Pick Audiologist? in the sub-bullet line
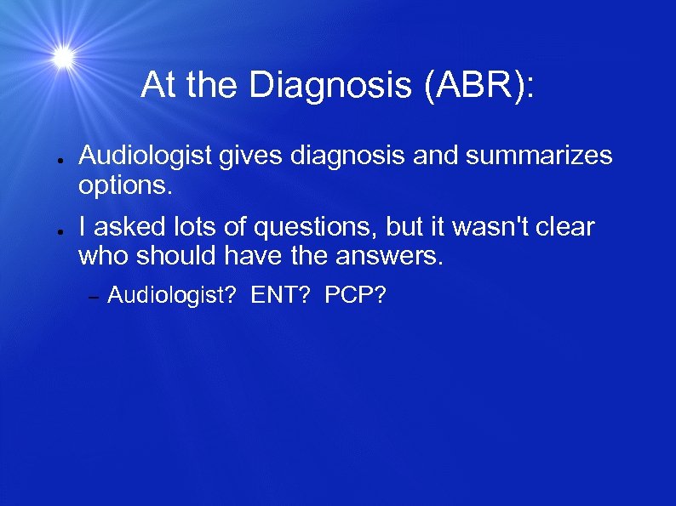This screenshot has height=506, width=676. click(170, 296)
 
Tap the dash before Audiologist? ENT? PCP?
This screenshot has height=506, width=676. click(95, 297)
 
